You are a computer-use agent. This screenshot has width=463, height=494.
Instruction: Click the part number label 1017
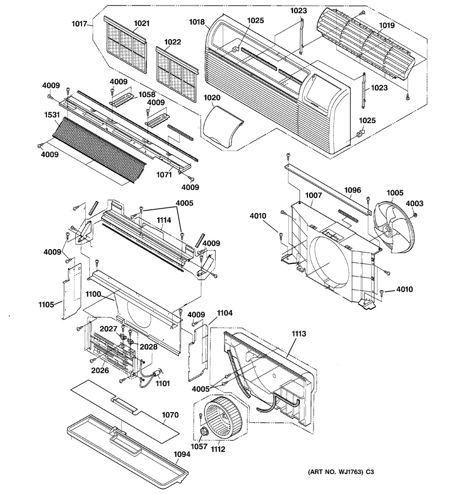point(79,24)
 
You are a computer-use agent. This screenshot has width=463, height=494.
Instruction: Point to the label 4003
point(414,204)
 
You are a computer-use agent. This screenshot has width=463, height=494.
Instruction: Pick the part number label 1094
point(182,454)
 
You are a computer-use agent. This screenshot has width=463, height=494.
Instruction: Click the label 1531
point(52,115)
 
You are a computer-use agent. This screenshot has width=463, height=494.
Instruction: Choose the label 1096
point(352,190)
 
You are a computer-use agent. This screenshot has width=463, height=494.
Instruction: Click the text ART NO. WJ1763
point(338,472)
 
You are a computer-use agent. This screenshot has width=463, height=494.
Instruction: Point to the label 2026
point(100,370)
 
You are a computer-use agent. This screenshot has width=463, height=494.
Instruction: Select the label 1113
point(299,333)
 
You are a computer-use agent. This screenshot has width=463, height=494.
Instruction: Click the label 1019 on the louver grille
point(387,25)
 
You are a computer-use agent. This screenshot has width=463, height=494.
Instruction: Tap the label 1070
point(170,415)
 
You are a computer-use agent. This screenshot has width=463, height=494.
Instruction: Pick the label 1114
point(164,220)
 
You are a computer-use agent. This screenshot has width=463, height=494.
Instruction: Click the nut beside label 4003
point(415,215)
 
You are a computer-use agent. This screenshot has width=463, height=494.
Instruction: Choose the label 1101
point(163,383)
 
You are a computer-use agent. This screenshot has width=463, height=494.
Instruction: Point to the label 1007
point(313,195)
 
